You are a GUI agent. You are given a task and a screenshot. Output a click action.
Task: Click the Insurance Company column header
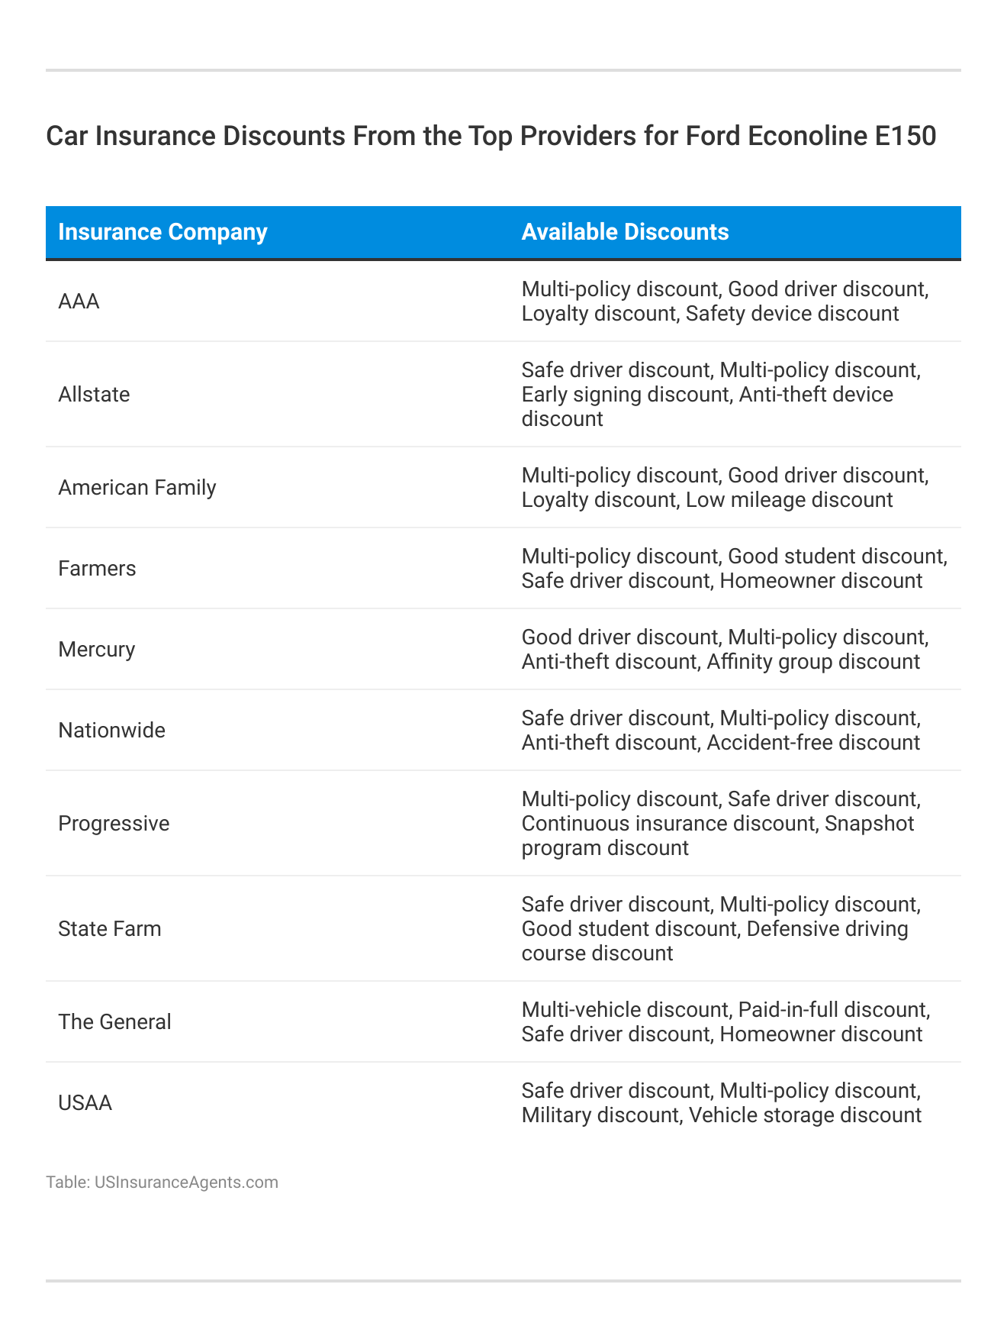click(x=162, y=232)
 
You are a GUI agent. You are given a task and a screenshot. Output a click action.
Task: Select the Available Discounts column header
click(x=625, y=232)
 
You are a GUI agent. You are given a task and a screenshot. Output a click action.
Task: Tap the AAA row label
click(x=79, y=302)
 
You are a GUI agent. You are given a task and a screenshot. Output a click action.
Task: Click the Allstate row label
click(x=94, y=395)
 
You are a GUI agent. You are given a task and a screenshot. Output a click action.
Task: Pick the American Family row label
click(x=137, y=488)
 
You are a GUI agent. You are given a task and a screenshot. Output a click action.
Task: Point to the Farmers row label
click(x=97, y=569)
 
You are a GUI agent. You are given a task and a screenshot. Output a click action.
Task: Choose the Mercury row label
click(x=96, y=650)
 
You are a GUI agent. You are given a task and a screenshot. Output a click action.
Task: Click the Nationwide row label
click(x=111, y=731)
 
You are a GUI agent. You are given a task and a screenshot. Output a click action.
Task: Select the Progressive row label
click(x=114, y=824)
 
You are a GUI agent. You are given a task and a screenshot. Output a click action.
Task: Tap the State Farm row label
click(x=110, y=929)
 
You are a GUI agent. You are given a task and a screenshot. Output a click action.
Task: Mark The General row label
click(x=114, y=1022)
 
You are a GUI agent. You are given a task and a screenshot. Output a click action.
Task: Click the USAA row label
click(x=85, y=1103)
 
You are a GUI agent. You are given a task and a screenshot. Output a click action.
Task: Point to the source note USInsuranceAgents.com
click(x=186, y=1183)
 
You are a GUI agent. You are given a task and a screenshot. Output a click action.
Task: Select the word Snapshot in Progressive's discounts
click(x=870, y=824)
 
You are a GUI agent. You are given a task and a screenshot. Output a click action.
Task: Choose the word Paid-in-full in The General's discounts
click(x=790, y=1010)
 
